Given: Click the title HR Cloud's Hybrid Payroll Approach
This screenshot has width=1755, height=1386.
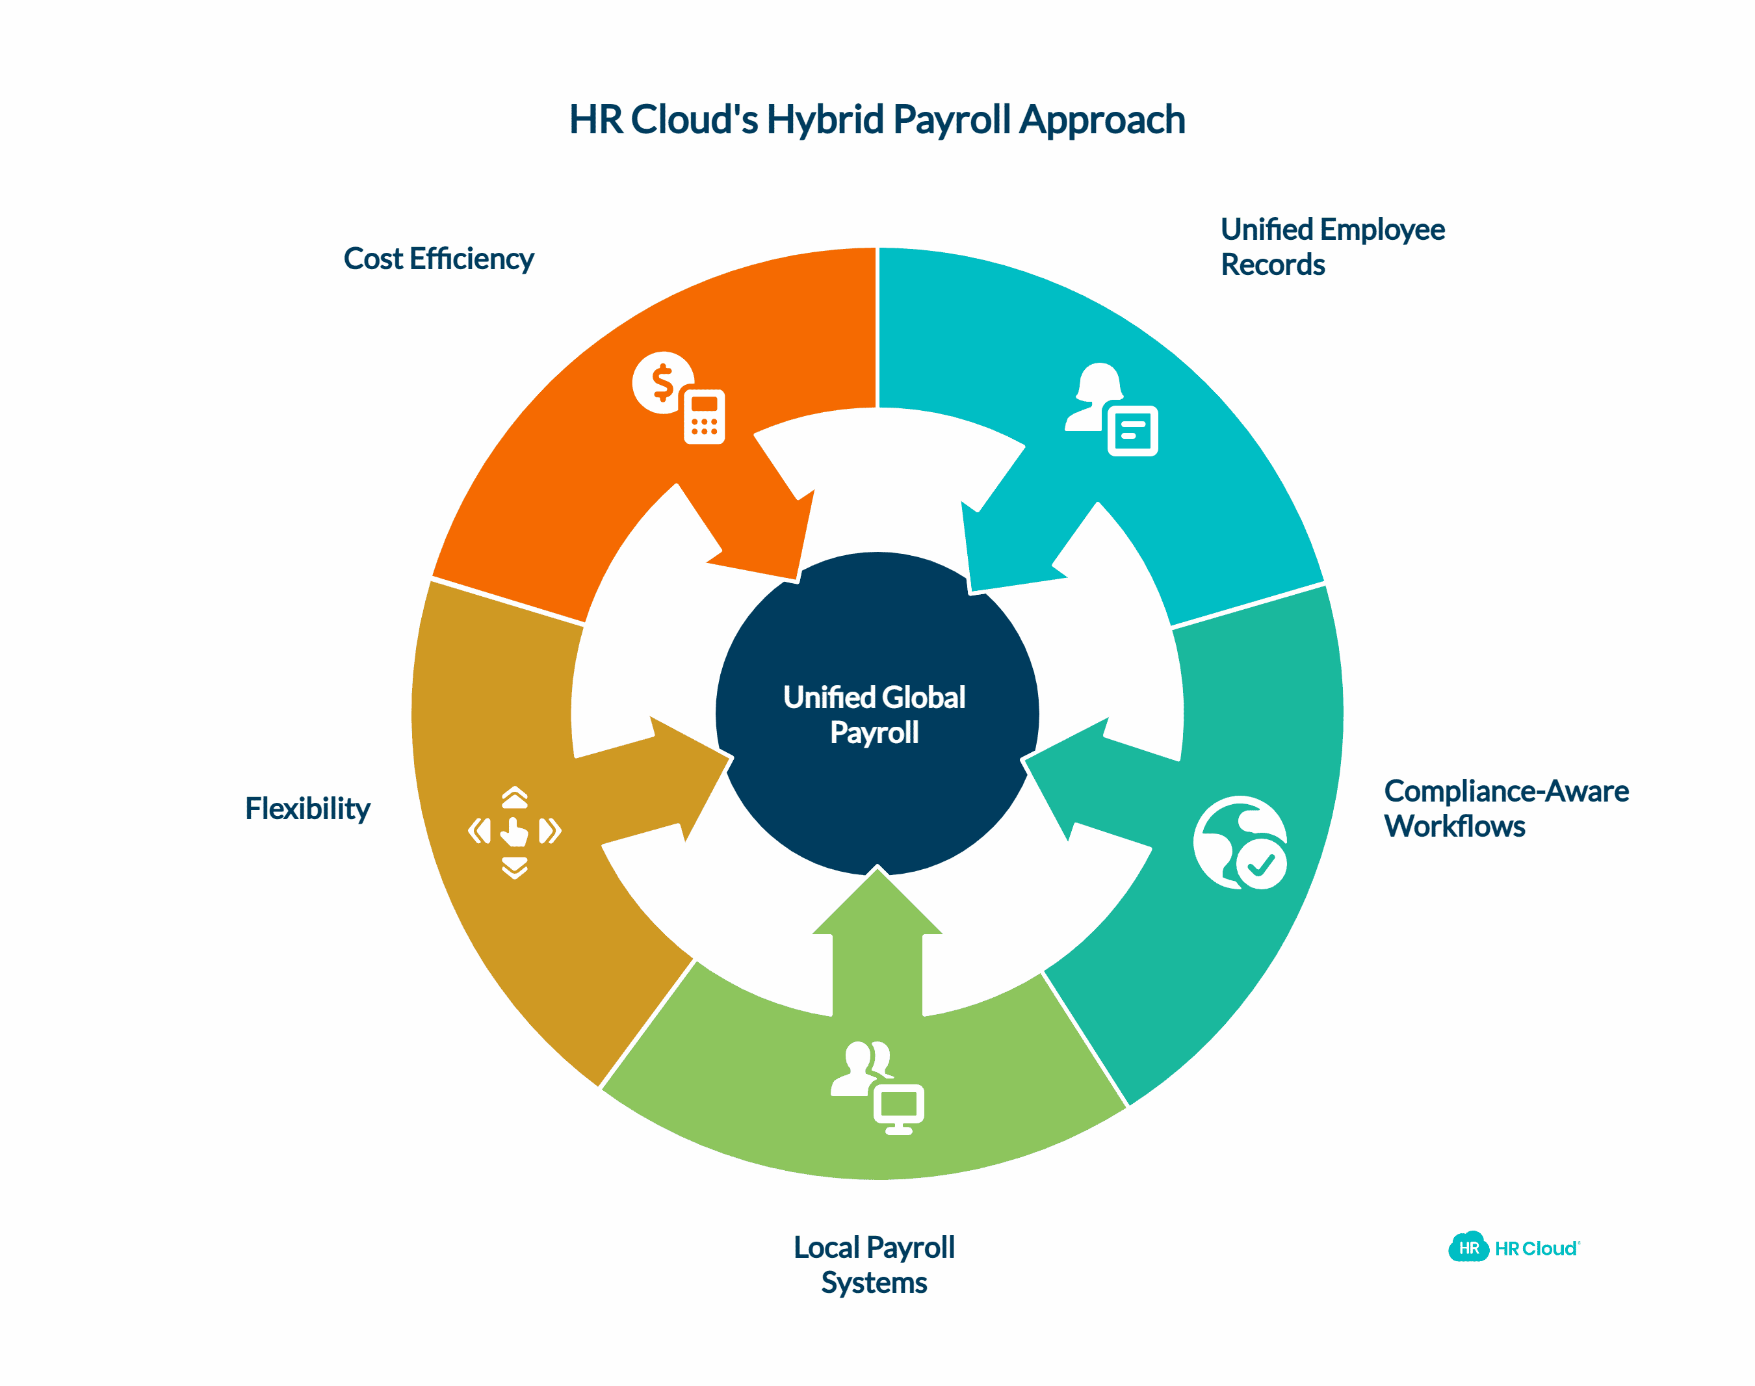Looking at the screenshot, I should point(877,120).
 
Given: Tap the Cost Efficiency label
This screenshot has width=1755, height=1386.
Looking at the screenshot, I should point(438,259).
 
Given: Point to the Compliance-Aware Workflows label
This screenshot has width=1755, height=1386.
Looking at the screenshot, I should point(1505,808).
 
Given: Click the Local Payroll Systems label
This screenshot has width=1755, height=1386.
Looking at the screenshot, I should point(874,1264).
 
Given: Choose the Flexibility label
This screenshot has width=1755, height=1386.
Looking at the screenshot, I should point(307,808).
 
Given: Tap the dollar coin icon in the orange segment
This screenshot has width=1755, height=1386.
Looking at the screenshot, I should point(661,382).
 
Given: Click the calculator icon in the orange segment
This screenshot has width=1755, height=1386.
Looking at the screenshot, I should point(703,417).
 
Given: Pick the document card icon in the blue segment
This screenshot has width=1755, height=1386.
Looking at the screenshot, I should point(1133,430).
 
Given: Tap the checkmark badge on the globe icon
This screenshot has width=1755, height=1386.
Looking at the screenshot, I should point(1262,865).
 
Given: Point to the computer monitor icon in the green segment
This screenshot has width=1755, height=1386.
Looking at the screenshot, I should point(898,1108).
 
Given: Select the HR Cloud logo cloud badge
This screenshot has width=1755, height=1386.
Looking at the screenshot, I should point(1468,1248).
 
